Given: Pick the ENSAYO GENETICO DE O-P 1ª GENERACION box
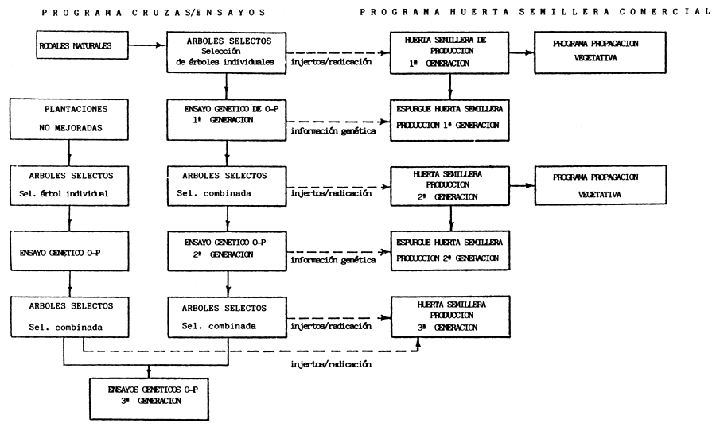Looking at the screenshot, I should coord(228,119).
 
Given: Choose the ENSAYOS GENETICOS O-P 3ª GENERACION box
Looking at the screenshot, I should coord(150,395).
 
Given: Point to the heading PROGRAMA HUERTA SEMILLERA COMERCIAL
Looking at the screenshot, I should coord(534,12).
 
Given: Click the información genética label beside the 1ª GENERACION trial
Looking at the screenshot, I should coord(334,130).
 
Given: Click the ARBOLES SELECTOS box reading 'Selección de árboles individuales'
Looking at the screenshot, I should coord(228,52).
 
